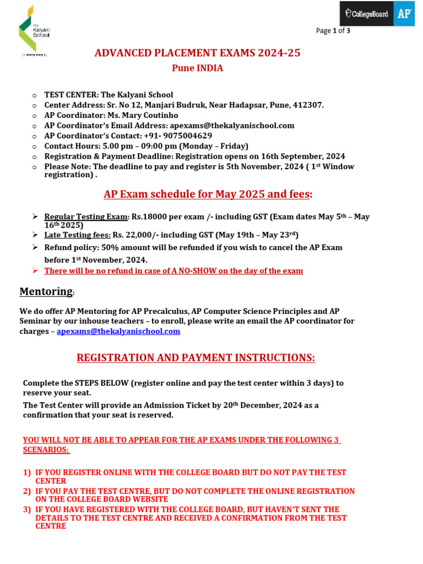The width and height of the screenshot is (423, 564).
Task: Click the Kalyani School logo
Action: pos(34,30)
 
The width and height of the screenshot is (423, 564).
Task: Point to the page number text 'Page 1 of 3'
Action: pos(333,31)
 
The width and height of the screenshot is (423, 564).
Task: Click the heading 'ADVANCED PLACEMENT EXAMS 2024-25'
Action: pos(198,53)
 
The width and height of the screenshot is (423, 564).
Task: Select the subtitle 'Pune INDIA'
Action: pos(198,68)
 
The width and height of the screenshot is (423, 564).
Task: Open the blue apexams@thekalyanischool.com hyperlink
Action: pos(118,331)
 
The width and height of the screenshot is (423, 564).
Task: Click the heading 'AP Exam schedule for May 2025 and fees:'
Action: pos(208,194)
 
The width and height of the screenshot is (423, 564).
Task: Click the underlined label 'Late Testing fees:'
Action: pos(78,235)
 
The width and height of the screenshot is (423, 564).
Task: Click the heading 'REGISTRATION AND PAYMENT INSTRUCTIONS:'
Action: pos(196,358)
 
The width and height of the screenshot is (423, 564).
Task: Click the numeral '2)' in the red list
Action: pos(27,491)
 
